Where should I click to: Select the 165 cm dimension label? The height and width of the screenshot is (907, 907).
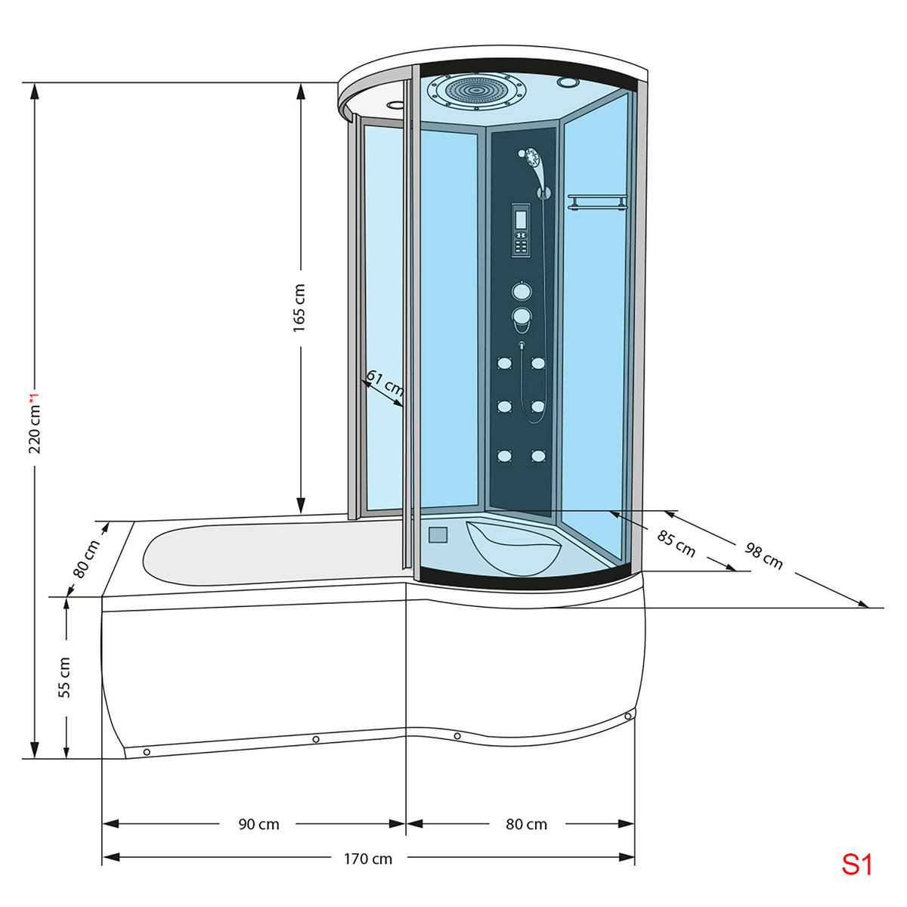[x=299, y=308]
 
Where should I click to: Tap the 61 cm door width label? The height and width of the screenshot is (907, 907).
[x=385, y=384]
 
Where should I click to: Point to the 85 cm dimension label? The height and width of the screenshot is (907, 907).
[x=676, y=543]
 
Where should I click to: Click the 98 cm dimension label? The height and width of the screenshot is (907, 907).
[x=763, y=556]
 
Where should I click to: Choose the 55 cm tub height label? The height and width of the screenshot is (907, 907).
[x=64, y=676]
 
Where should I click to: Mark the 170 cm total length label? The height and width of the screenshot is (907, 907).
[x=368, y=859]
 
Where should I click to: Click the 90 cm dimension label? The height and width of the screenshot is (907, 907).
[x=258, y=824]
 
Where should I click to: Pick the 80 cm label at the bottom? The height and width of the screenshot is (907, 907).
[x=526, y=824]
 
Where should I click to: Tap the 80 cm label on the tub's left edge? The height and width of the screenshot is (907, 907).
[x=86, y=559]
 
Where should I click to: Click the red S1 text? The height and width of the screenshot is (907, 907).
[x=857, y=864]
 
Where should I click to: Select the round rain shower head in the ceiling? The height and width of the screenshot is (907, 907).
[x=477, y=90]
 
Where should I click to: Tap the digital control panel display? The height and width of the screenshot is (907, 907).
[x=521, y=220]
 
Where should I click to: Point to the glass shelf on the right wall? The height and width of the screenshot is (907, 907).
[x=597, y=202]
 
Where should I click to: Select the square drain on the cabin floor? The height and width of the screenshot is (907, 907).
[x=438, y=535]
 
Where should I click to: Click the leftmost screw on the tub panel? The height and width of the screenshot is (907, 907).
[x=147, y=752]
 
